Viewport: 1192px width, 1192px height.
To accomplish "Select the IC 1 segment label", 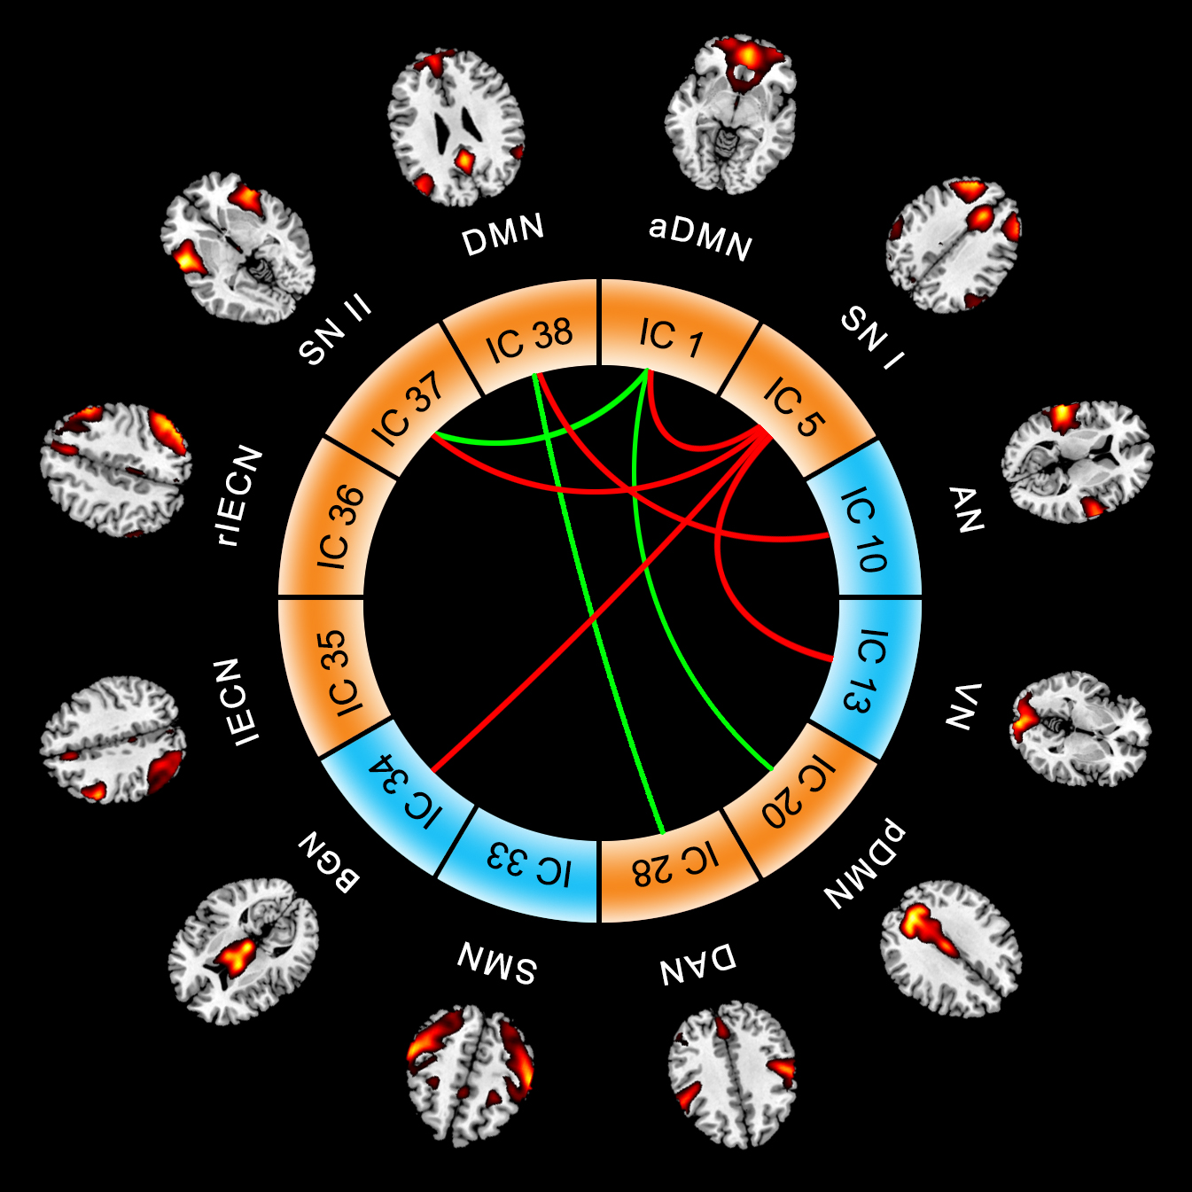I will pos(671,338).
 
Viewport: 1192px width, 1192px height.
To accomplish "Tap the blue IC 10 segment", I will pos(863,529).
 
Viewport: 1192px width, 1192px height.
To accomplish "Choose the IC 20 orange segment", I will pos(799,792).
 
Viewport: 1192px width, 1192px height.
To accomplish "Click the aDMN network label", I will pos(700,238).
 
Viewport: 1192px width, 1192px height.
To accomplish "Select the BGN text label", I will pos(329,862).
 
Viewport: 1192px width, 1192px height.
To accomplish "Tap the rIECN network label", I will pos(240,495).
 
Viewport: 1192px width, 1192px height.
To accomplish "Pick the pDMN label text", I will pos(864,865).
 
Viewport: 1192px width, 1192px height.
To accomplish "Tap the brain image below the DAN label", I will pos(732,1073).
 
